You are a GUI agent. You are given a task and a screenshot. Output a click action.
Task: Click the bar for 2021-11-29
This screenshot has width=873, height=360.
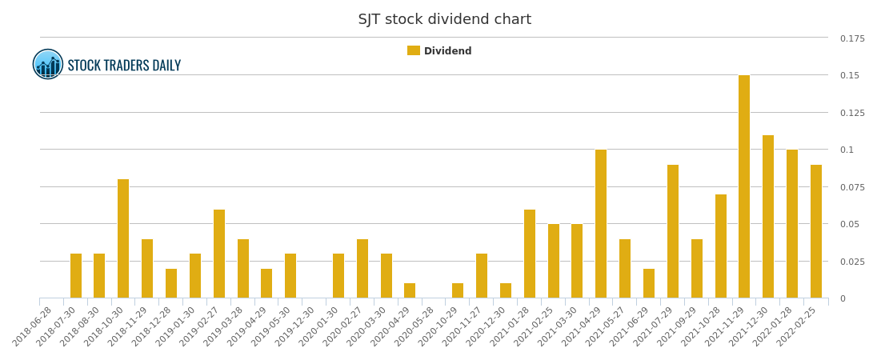pyautogui.click(x=744, y=186)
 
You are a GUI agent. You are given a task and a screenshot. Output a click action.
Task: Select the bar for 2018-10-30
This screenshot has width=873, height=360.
pyautogui.click(x=123, y=238)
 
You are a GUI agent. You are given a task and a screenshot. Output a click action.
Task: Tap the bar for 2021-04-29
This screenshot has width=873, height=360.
pyautogui.click(x=601, y=224)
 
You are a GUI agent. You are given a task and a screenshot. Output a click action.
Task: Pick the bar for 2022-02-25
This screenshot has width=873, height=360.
pyautogui.click(x=816, y=231)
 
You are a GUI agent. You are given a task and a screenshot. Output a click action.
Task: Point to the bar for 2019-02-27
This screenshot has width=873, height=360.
pyautogui.click(x=219, y=254)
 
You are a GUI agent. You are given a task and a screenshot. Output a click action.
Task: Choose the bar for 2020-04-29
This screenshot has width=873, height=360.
pyautogui.click(x=410, y=290)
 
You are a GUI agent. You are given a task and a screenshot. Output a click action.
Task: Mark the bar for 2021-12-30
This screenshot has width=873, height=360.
pyautogui.click(x=768, y=217)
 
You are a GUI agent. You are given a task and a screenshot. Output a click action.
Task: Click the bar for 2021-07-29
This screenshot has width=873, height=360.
pyautogui.click(x=673, y=231)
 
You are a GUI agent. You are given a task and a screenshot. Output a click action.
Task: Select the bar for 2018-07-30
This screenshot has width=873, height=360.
pyautogui.click(x=76, y=276)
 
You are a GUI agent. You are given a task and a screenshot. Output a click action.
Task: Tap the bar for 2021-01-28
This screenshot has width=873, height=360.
pyautogui.click(x=530, y=254)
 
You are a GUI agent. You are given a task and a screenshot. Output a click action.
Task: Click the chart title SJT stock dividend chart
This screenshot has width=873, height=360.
pyautogui.click(x=444, y=19)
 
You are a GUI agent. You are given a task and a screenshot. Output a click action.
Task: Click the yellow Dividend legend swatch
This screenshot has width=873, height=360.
pyautogui.click(x=413, y=51)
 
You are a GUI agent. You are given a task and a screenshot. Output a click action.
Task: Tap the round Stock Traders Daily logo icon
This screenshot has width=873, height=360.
pyautogui.click(x=48, y=64)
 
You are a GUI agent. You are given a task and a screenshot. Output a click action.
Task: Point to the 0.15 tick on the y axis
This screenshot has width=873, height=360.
pyautogui.click(x=851, y=75)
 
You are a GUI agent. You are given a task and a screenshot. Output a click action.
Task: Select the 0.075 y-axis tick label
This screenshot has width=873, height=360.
pyautogui.click(x=852, y=187)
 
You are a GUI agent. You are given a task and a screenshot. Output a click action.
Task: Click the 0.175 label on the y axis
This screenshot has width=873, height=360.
pyautogui.click(x=852, y=38)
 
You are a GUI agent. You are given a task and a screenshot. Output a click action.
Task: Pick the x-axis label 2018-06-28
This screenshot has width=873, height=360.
pyautogui.click(x=34, y=326)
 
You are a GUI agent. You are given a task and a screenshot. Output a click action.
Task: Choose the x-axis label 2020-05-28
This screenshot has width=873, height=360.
pyautogui.click(x=416, y=326)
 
